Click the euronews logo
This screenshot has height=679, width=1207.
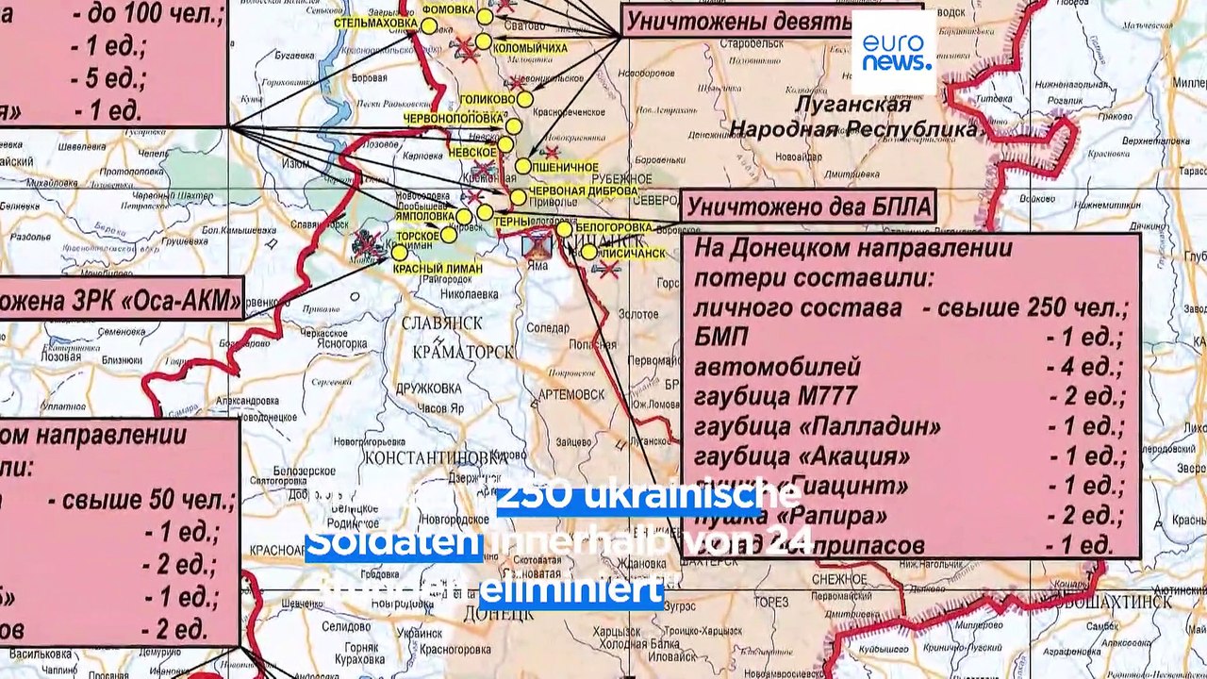(x=894, y=53)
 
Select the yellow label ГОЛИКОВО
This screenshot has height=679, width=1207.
(x=488, y=99)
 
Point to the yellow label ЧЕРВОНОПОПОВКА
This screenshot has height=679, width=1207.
(x=454, y=120)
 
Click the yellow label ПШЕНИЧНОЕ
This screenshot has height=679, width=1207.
(x=566, y=167)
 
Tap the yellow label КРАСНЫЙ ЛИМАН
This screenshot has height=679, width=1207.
(x=438, y=269)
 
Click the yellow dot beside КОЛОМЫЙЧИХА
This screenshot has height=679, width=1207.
(x=483, y=41)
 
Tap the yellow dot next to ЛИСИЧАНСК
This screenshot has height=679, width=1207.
(x=588, y=252)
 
